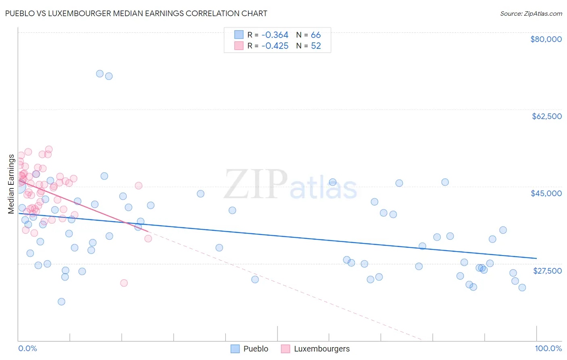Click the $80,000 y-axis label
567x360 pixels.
[546, 39]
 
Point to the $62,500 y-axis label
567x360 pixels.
[547, 116]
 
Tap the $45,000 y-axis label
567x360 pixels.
[546, 193]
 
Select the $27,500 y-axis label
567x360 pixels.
[547, 271]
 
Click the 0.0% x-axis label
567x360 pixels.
[27, 348]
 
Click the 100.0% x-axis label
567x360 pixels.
[548, 348]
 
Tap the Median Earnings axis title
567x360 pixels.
[11, 184]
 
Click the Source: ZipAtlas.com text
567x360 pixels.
[531, 14]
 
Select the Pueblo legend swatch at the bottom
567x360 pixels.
[235, 349]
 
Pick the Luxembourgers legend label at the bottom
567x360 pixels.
[321, 349]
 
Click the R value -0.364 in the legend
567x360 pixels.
[275, 35]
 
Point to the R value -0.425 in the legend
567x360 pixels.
[275, 46]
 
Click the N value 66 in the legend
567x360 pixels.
[316, 35]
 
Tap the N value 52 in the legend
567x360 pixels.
[316, 46]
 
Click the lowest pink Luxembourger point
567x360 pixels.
[124, 283]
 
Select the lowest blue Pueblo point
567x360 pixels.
[61, 301]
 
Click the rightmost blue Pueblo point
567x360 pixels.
[522, 287]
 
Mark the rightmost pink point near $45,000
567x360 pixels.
[138, 186]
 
